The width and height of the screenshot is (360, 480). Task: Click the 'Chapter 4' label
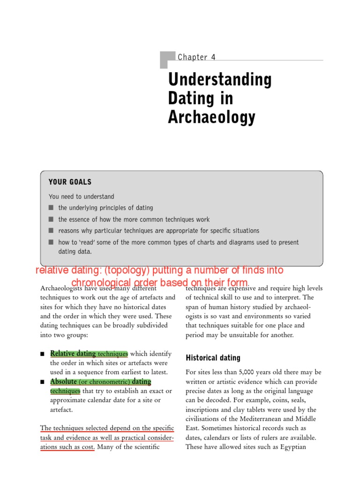pyautogui.click(x=196, y=57)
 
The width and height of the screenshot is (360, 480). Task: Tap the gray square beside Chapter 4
pyautogui.click(x=167, y=60)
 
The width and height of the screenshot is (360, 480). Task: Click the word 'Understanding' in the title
pyautogui.click(x=220, y=80)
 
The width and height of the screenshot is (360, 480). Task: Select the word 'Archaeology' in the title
pyautogui.click(x=211, y=117)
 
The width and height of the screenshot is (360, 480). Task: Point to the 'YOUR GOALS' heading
pyautogui.click(x=70, y=182)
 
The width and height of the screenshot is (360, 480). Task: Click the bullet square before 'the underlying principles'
pyautogui.click(x=51, y=208)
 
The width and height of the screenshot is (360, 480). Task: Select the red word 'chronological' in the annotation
pyautogui.click(x=102, y=283)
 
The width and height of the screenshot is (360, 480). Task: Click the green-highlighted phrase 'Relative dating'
pyautogui.click(x=73, y=353)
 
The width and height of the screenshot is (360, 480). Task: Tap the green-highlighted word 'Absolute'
pyautogui.click(x=63, y=382)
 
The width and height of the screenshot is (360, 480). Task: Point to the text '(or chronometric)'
pyautogui.click(x=104, y=382)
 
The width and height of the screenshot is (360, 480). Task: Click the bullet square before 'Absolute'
pyautogui.click(x=43, y=382)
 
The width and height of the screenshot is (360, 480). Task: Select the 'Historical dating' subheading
pyautogui.click(x=213, y=358)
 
